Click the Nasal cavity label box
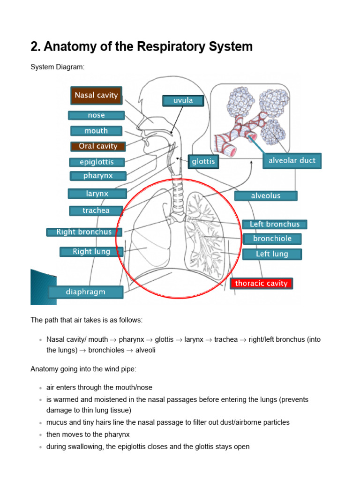point(96,95)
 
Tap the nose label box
point(96,115)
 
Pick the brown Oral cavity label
point(98,146)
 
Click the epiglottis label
point(97,162)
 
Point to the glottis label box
point(203,162)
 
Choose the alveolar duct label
point(292,161)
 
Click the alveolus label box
point(266,196)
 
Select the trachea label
point(96,210)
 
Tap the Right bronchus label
point(84,232)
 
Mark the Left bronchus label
point(274,225)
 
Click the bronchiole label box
point(272,239)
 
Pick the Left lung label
point(272,254)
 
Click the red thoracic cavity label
point(261,284)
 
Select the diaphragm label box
point(85,292)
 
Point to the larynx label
point(97,193)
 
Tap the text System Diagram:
point(58,67)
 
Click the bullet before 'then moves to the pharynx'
point(41,435)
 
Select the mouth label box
point(96,131)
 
